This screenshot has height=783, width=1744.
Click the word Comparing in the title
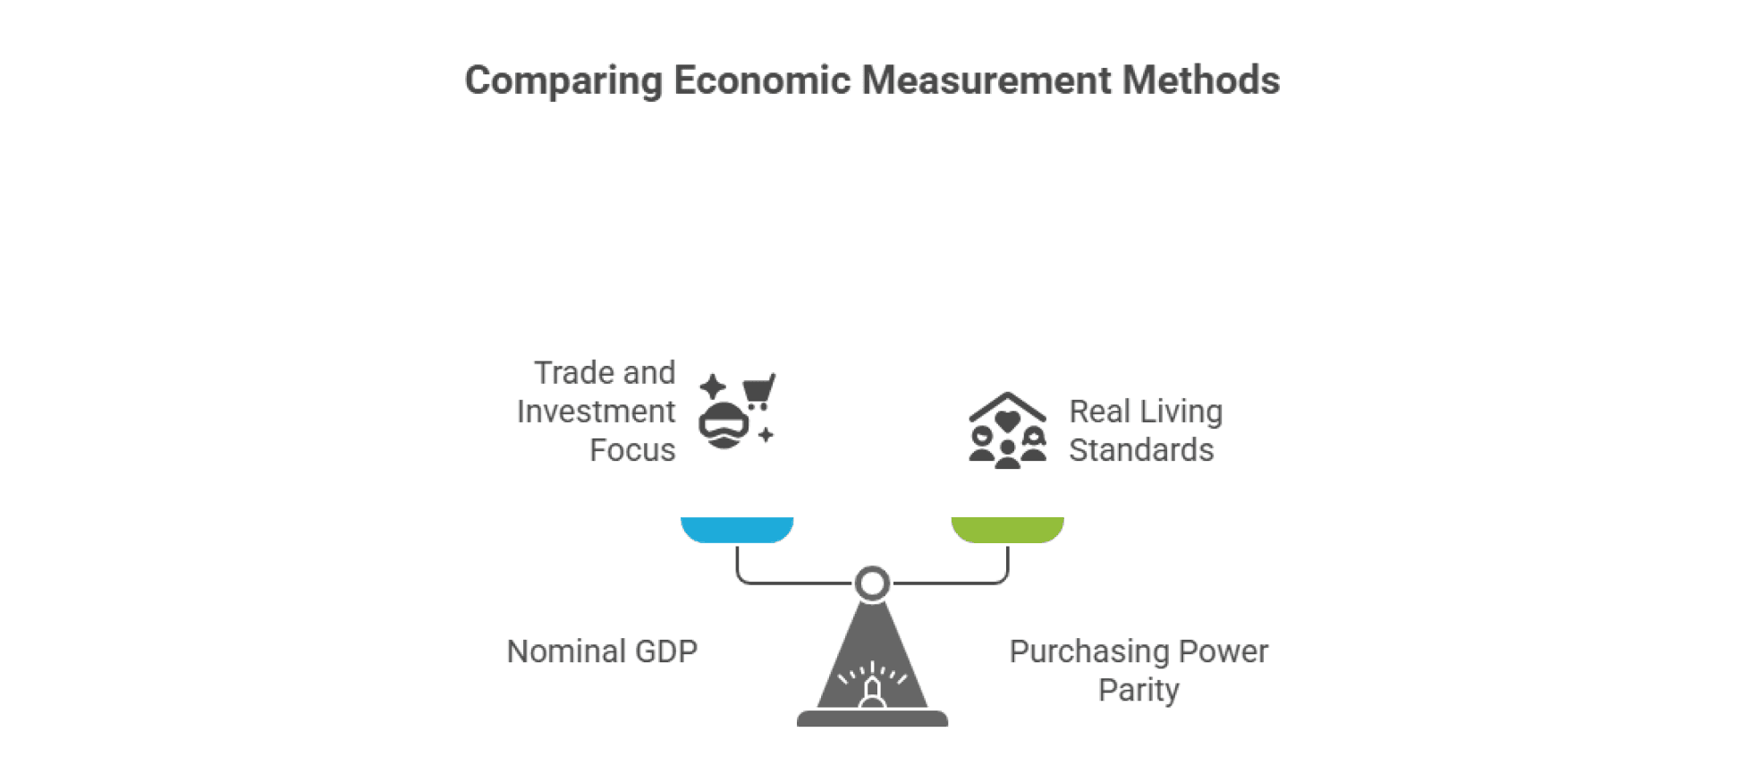(563, 81)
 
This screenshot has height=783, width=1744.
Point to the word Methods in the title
(1201, 81)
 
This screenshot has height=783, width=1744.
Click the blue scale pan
(737, 529)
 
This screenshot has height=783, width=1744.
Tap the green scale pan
(1007, 529)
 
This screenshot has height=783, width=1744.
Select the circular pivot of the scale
(872, 583)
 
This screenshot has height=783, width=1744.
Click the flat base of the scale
(872, 718)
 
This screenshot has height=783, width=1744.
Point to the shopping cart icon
(758, 391)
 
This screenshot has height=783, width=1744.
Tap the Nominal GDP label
(602, 651)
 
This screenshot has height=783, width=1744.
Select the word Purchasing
(1089, 651)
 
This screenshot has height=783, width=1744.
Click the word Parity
(1139, 690)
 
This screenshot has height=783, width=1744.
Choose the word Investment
(596, 412)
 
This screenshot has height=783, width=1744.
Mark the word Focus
(632, 450)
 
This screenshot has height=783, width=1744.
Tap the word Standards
(1141, 450)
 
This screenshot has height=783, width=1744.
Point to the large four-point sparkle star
(713, 387)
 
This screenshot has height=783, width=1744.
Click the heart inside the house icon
(1007, 421)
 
